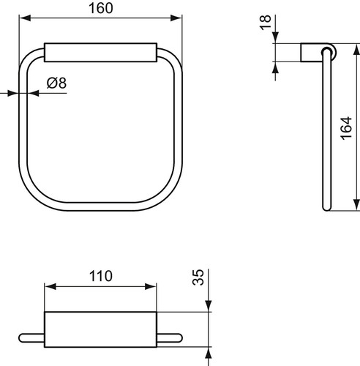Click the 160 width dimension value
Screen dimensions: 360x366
coord(101,8)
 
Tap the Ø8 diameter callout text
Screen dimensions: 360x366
coord(56,83)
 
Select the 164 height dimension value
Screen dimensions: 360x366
coord(346,128)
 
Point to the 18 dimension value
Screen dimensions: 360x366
coord(266,23)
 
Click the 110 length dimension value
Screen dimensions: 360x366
coord(100,276)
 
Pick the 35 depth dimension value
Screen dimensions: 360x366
coord(198,277)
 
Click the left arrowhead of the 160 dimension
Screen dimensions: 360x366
coord(25,18)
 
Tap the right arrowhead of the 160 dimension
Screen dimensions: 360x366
coord(176,18)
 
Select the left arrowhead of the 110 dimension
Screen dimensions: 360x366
coord(50,287)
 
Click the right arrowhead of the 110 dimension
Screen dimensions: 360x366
coord(151,287)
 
